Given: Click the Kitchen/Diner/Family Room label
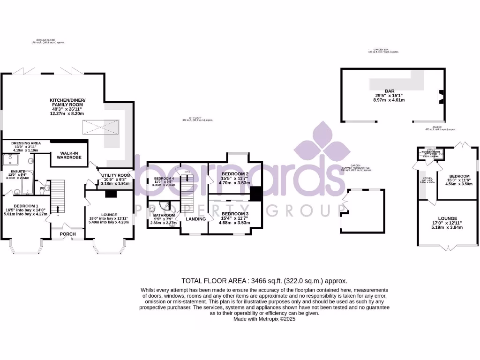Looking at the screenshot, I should (67, 104).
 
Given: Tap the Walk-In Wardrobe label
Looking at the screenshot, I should (69, 155).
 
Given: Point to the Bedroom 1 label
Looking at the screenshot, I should (26, 206).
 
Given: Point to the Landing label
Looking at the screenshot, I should (195, 219).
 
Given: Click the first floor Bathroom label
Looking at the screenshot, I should (164, 215).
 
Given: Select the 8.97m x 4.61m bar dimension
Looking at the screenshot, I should (390, 100).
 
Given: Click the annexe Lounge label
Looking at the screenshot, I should (447, 218).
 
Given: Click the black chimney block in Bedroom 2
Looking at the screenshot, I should (255, 194).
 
